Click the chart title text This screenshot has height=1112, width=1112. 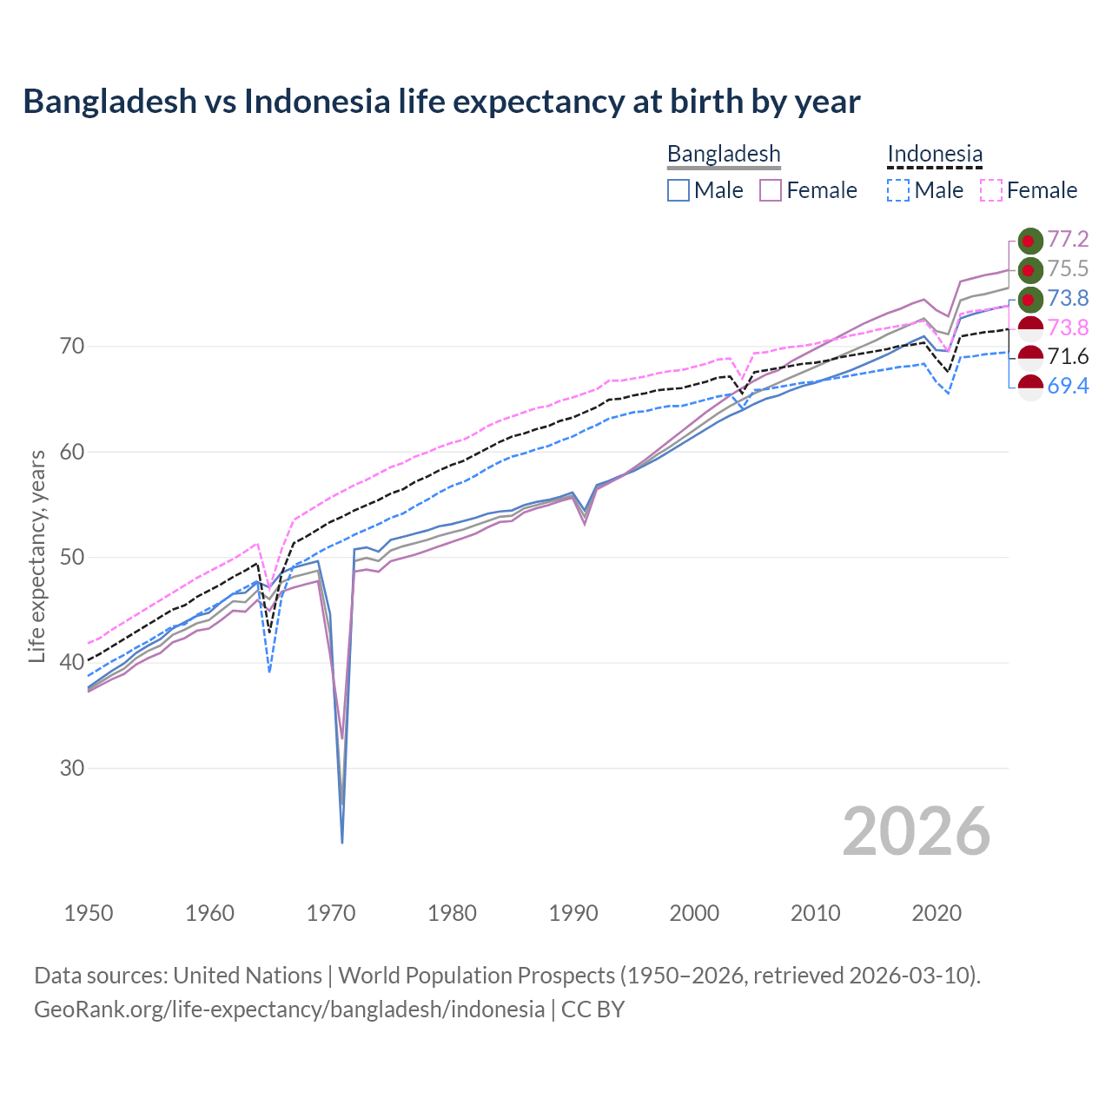click(x=441, y=102)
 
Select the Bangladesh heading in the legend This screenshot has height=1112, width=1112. click(x=724, y=154)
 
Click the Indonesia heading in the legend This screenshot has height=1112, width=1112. click(x=935, y=154)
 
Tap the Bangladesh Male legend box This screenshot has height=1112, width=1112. click(x=678, y=190)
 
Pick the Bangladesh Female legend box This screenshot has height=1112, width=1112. click(x=771, y=190)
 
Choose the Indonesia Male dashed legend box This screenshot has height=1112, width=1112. click(x=898, y=190)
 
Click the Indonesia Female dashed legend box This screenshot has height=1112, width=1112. click(x=991, y=190)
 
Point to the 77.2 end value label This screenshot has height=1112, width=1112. click(x=1068, y=240)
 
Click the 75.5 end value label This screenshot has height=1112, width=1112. click(x=1068, y=269)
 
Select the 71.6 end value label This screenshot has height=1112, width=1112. click(x=1068, y=357)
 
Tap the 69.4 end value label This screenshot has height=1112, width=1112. click(x=1068, y=387)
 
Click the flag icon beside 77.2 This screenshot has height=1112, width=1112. click(x=1029, y=241)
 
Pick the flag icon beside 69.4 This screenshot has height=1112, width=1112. click(x=1029, y=387)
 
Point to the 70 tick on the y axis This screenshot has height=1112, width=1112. click(x=73, y=347)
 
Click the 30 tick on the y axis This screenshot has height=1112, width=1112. click(x=73, y=769)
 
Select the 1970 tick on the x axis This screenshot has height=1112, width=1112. click(x=331, y=913)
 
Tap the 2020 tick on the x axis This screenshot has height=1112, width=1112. click(x=937, y=913)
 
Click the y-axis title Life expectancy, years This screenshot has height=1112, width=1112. click(x=37, y=556)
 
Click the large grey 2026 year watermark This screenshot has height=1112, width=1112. click(x=917, y=831)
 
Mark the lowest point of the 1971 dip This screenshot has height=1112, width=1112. click(x=342, y=842)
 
